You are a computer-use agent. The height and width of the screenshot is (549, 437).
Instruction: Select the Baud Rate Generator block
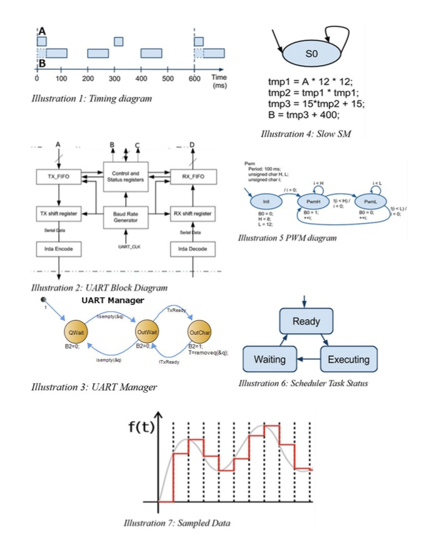point(124,217)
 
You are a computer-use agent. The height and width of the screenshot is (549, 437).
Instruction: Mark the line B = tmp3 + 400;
point(303,115)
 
